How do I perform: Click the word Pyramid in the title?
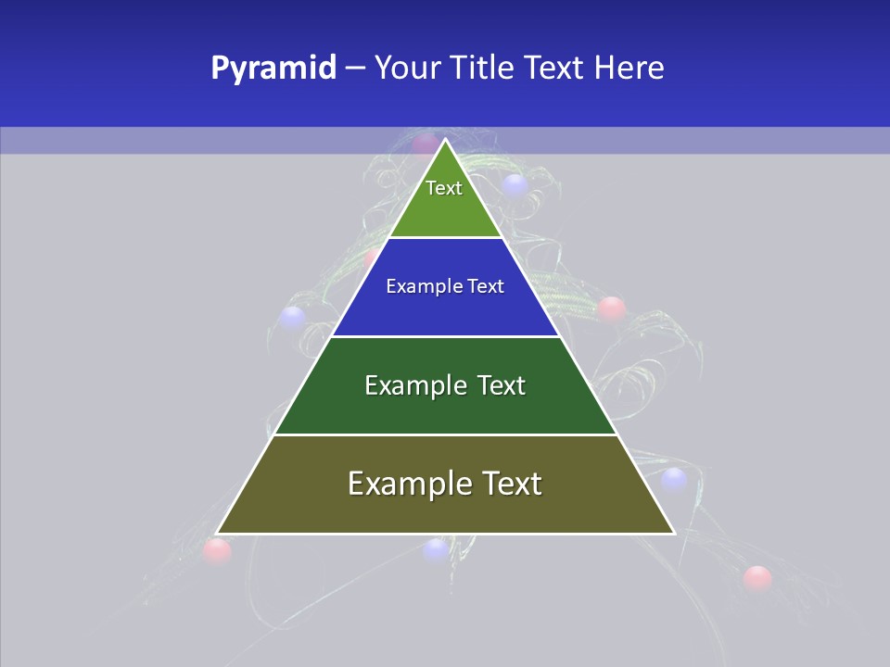273,69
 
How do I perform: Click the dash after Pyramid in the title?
355,69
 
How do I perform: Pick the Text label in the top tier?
444,188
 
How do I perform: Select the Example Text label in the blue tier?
445,286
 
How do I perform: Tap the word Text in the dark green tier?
501,385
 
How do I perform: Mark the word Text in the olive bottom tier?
511,484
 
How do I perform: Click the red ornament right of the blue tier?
612,308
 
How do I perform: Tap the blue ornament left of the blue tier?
293,318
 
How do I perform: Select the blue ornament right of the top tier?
515,185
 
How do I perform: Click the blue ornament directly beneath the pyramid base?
436,551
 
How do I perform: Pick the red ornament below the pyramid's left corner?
217,552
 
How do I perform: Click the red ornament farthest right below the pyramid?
757,578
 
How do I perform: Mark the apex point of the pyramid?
446,140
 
